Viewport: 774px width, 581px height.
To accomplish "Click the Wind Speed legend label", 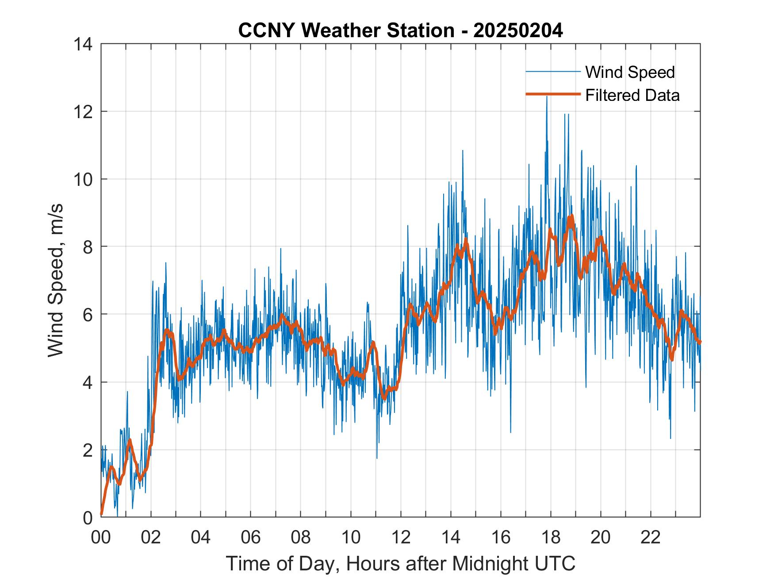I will coord(630,72).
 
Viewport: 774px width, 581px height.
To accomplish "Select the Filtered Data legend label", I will coord(632,95).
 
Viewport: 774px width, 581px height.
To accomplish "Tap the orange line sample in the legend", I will coord(552,94).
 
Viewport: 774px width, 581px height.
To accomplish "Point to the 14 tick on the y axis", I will coord(84,44).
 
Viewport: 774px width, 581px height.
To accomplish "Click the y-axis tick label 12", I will coord(84,112).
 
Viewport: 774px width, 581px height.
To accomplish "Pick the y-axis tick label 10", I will coord(84,179).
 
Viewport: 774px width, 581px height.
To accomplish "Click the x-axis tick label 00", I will coord(101,537).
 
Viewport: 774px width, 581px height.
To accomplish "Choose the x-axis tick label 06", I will coord(251,537).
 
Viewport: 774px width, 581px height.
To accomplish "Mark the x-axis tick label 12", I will coord(401,537).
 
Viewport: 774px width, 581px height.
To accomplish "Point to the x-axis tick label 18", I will coord(551,537).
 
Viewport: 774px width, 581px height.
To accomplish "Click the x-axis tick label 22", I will coord(651,537).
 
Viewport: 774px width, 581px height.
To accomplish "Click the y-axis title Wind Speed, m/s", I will coord(56,280).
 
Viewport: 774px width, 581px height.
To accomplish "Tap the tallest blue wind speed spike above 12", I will coord(547,97).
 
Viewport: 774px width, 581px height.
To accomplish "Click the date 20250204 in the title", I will coord(518,31).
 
